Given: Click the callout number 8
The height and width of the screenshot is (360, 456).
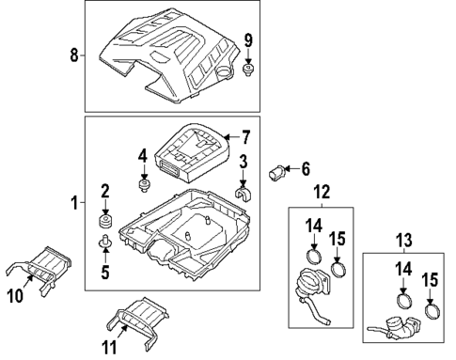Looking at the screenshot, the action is [73, 55].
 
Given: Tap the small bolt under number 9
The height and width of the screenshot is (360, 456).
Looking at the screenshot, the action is [248, 70].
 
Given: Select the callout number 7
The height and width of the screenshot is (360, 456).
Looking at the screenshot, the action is [246, 137].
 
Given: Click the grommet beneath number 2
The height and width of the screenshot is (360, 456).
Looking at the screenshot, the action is [105, 221].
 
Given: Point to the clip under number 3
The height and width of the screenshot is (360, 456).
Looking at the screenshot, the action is [243, 195].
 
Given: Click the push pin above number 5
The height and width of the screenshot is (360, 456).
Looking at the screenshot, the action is [105, 241].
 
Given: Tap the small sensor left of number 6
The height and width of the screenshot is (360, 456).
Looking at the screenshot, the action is [276, 172].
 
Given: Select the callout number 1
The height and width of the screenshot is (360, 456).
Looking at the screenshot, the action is [74, 203].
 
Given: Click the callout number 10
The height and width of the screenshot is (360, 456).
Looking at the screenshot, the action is [15, 295].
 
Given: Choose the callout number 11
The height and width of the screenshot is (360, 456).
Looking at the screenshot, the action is [109, 347].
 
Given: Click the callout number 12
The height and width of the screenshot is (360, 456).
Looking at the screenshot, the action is [322, 192].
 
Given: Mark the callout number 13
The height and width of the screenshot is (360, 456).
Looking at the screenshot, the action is [403, 240].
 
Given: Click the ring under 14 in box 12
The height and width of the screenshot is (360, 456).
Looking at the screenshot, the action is [313, 257].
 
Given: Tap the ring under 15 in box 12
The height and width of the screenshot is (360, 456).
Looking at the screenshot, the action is [338, 270].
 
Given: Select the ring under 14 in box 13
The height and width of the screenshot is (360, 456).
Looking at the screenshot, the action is [404, 301].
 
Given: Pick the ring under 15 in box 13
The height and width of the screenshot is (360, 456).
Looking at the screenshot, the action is [432, 311].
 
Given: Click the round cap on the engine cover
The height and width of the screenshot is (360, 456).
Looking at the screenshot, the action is [224, 71].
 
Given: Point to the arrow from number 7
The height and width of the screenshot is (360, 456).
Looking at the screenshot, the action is [231, 137].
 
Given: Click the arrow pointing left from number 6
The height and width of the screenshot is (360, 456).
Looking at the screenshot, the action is [291, 169].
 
